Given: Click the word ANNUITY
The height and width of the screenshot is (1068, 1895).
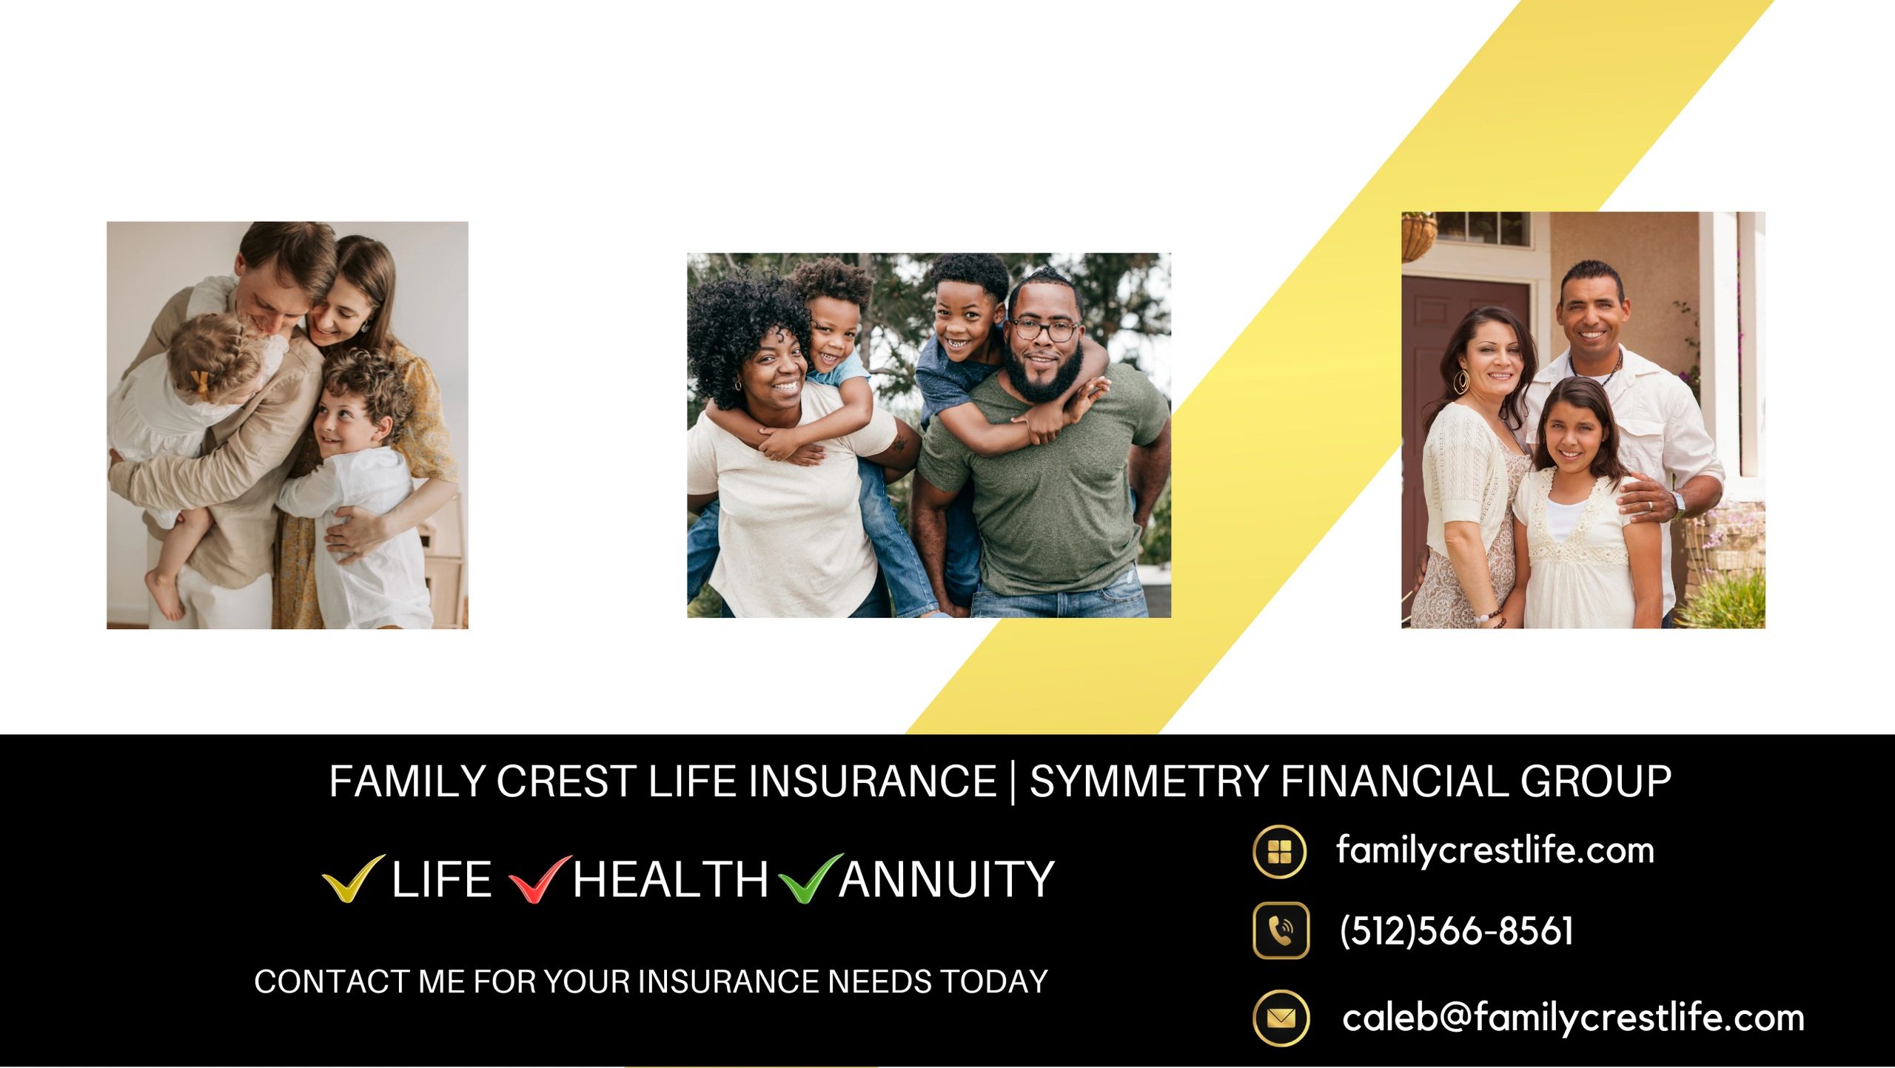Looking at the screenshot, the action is (947, 879).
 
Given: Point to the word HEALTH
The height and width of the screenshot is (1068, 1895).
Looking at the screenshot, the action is (671, 879).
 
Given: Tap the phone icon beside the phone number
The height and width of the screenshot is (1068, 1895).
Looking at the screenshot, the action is (1281, 930).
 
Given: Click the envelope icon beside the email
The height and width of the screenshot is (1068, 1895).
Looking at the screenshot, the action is (1281, 1018).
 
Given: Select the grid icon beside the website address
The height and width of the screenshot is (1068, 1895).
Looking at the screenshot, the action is (1279, 852).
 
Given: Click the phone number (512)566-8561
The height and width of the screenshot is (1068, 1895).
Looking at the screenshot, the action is (1456, 930).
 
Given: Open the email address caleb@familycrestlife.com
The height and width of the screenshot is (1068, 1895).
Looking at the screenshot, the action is (1573, 1018).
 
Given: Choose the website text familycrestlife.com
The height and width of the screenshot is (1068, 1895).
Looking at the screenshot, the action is (1495, 850).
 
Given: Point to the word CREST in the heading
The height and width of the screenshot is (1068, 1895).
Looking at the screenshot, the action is (566, 782).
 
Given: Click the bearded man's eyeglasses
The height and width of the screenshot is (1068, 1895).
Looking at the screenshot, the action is (1044, 329).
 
